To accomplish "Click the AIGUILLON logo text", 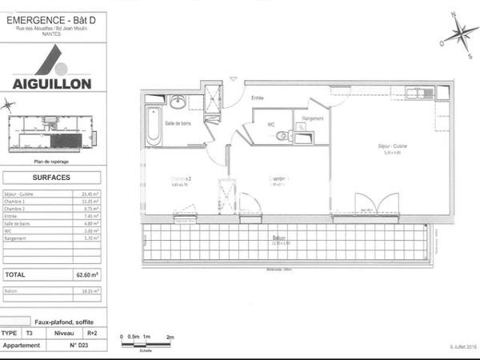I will [x=51, y=82].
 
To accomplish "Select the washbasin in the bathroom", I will [x=177, y=102].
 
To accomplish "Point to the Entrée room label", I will [x=258, y=98].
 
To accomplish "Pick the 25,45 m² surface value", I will [x=89, y=194].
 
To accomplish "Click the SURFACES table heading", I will [x=51, y=178].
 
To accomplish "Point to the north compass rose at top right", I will [x=460, y=34].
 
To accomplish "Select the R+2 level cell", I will [x=92, y=333].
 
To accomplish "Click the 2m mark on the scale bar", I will [x=170, y=338].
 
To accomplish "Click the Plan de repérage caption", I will [x=51, y=162].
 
